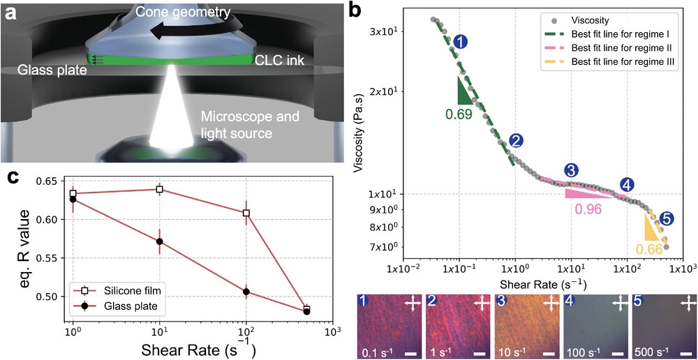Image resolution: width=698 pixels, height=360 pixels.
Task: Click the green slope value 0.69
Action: pyautogui.click(x=459, y=113)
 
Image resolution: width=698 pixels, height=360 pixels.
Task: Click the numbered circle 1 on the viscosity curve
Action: pyautogui.click(x=460, y=43)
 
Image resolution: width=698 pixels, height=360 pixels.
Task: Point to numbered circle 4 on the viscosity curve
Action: pyautogui.click(x=627, y=185)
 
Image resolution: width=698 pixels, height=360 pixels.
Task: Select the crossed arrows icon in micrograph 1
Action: pyautogui.click(x=412, y=303)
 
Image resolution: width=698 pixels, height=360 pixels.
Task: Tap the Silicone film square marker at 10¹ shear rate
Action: pyautogui.click(x=160, y=189)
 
